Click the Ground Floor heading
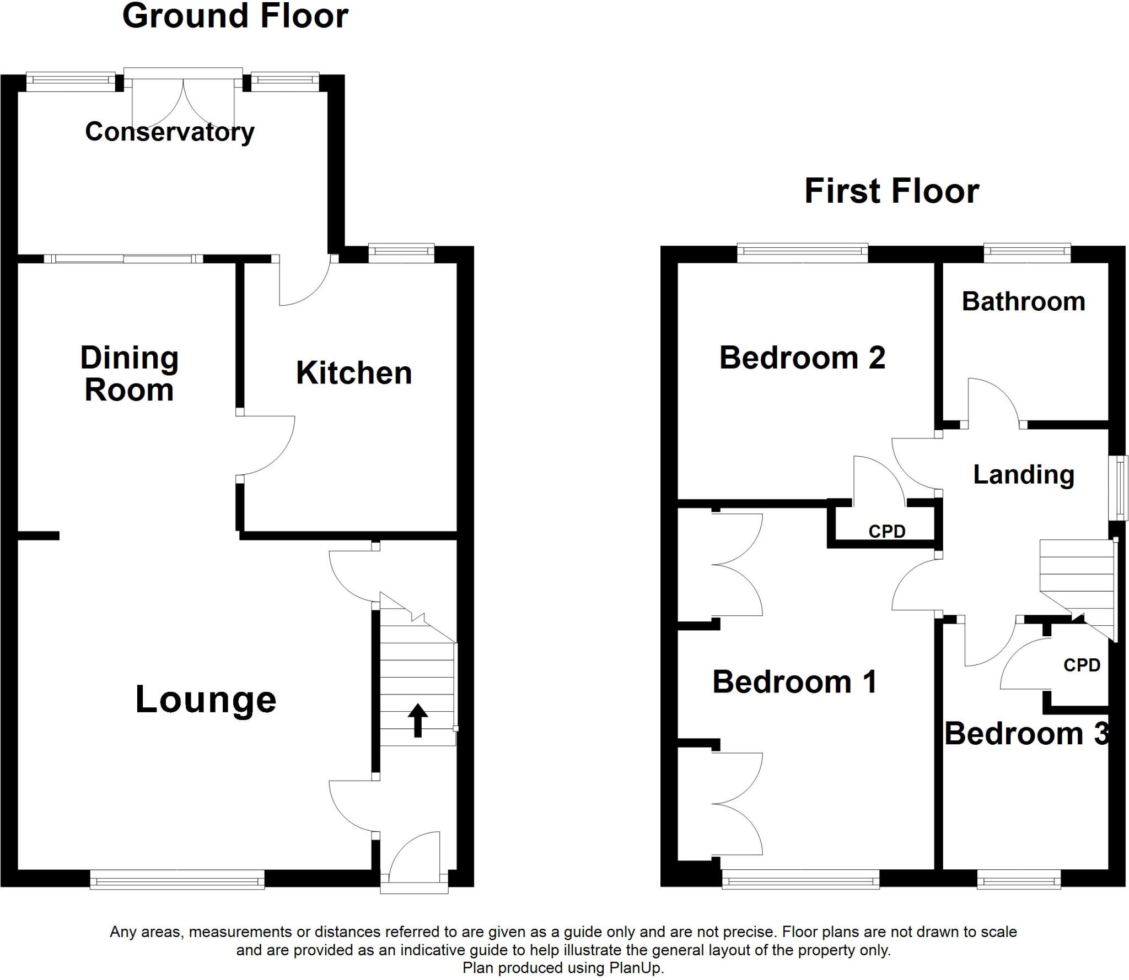pos(235,17)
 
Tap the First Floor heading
pos(891,191)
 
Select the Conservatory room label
pos(170,132)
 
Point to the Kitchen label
pos(354,373)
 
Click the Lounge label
pos(206,700)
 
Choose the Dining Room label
pos(130,374)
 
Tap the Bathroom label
pos(1023,302)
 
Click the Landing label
pos(1024,475)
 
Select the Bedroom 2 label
pos(802,358)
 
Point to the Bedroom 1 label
pos(794,682)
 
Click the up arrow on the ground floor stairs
pos(417,720)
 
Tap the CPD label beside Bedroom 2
pos(886,532)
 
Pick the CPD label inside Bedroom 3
pos(1082,665)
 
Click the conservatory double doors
pos(183,102)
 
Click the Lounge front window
pos(177,879)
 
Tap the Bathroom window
pos(1027,253)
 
